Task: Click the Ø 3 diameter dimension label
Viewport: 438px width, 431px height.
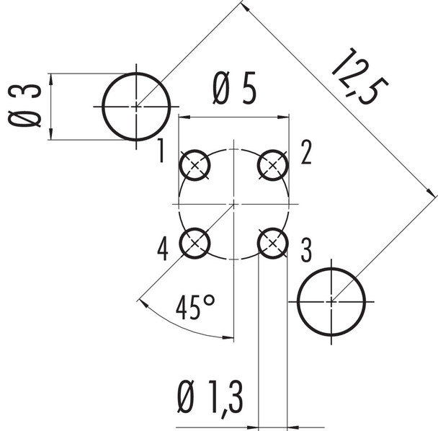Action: (x=24, y=106)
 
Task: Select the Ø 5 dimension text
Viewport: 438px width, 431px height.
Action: (x=234, y=92)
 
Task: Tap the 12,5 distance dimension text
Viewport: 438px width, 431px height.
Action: (x=358, y=76)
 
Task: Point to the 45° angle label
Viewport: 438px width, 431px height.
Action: (x=195, y=308)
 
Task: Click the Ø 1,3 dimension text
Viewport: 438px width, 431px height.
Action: (x=210, y=398)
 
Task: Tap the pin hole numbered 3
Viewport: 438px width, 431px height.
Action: (x=272, y=244)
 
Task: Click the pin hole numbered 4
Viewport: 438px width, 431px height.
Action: (x=195, y=244)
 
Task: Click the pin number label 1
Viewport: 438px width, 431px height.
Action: (x=162, y=151)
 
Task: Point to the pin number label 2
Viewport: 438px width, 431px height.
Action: (x=305, y=152)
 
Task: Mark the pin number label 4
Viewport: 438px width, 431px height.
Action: (x=163, y=249)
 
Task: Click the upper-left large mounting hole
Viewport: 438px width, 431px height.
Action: (x=136, y=107)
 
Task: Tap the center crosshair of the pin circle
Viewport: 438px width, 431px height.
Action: (x=233, y=205)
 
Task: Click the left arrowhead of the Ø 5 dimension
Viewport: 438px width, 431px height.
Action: (x=182, y=117)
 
